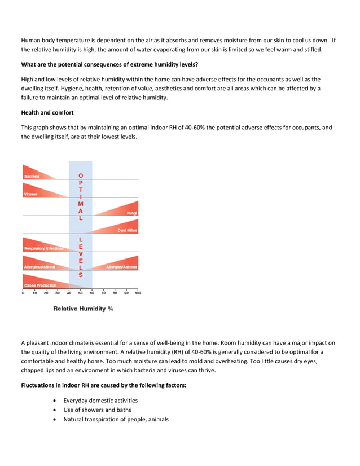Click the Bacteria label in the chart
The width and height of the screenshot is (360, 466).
(32, 177)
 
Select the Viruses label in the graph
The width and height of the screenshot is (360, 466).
(30, 195)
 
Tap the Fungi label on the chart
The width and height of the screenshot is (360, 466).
(131, 213)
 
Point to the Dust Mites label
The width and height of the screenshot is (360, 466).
(127, 230)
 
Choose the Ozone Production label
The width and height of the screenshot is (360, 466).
(40, 285)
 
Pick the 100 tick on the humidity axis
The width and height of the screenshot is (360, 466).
(138, 293)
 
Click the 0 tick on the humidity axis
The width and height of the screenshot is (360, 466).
(23, 293)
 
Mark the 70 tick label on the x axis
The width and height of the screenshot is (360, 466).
(103, 293)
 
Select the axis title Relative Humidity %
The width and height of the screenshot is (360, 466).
(83, 309)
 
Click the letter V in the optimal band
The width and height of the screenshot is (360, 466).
(81, 254)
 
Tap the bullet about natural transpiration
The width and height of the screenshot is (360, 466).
(116, 420)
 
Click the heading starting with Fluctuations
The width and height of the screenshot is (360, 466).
(104, 385)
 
